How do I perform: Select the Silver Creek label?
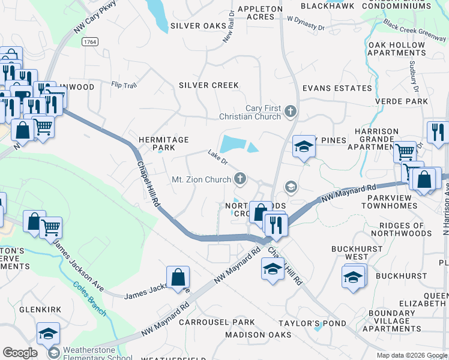[x=209, y=85]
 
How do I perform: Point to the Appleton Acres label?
[x=260, y=13]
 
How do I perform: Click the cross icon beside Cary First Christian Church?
[x=291, y=111]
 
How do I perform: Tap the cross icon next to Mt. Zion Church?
[x=240, y=178]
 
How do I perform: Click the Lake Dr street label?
[x=218, y=157]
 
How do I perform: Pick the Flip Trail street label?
[x=124, y=85]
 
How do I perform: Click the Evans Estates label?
[x=337, y=88]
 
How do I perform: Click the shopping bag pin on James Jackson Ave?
[x=178, y=278]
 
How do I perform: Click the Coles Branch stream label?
[x=90, y=299]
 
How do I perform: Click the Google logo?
[x=20, y=353]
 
